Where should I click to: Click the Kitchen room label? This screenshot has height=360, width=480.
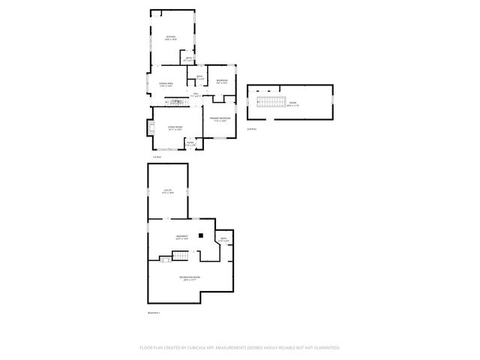[170, 37]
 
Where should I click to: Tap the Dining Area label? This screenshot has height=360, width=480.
[166, 84]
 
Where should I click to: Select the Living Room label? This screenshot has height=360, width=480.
[174, 127]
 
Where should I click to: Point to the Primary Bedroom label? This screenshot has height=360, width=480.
[220, 119]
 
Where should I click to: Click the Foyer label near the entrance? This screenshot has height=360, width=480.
[190, 142]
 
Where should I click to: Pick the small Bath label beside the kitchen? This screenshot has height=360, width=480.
[190, 58]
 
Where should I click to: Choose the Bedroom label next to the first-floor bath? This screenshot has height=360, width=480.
[222, 81]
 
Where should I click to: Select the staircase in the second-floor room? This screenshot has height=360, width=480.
[270, 103]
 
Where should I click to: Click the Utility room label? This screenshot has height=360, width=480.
[168, 191]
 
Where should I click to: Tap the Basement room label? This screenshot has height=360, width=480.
[181, 237]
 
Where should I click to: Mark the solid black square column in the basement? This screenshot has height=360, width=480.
[201, 235]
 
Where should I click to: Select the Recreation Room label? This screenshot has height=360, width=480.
[189, 278]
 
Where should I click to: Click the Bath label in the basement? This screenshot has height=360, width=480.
[223, 240]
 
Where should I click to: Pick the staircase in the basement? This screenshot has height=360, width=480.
[181, 256]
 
